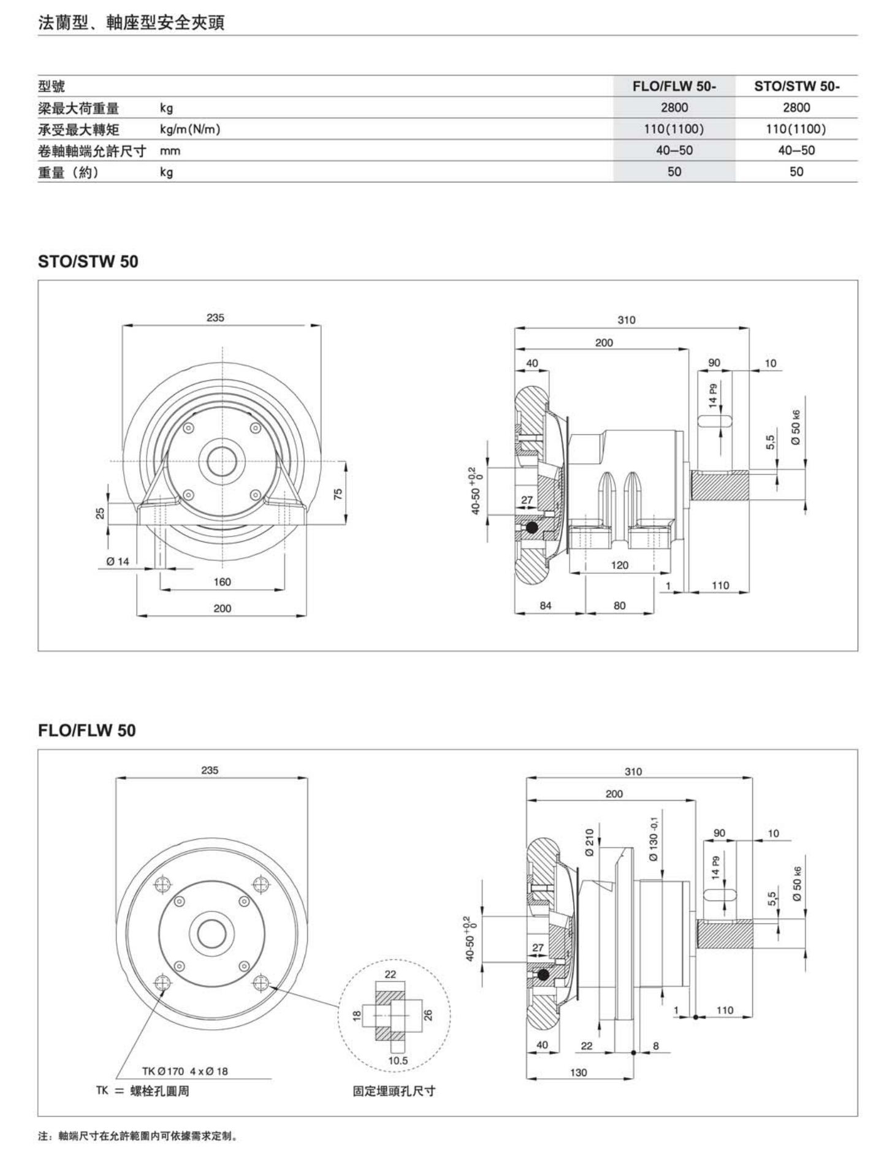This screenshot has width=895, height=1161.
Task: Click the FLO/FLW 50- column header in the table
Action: tap(674, 86)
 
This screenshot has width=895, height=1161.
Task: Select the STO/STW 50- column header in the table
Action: tap(796, 86)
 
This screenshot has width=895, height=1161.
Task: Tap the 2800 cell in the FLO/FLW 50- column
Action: tap(674, 108)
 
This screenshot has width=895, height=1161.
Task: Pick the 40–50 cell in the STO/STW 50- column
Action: tap(796, 151)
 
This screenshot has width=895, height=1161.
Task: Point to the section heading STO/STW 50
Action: tap(88, 262)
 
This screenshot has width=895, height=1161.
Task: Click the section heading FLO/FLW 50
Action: tap(87, 731)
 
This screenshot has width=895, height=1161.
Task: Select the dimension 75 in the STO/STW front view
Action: tap(338, 493)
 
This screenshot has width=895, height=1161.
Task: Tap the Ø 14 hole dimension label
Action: tap(117, 561)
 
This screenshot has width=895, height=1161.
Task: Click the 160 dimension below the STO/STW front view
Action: tap(222, 582)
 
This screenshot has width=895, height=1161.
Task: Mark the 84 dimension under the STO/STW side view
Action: tap(546, 606)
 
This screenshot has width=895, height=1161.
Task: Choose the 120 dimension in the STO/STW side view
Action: tap(620, 565)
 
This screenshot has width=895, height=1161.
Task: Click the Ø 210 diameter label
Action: tap(589, 842)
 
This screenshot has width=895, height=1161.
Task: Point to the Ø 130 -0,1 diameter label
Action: tap(653, 838)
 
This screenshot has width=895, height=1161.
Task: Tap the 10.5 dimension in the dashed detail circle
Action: tap(398, 1060)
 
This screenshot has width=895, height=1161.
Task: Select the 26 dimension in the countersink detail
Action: tap(428, 1014)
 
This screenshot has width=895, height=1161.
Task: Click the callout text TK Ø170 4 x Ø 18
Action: tap(185, 1071)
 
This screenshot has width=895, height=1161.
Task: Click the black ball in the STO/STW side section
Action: tap(531, 527)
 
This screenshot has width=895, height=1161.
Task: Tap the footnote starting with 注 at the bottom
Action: tap(138, 1136)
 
